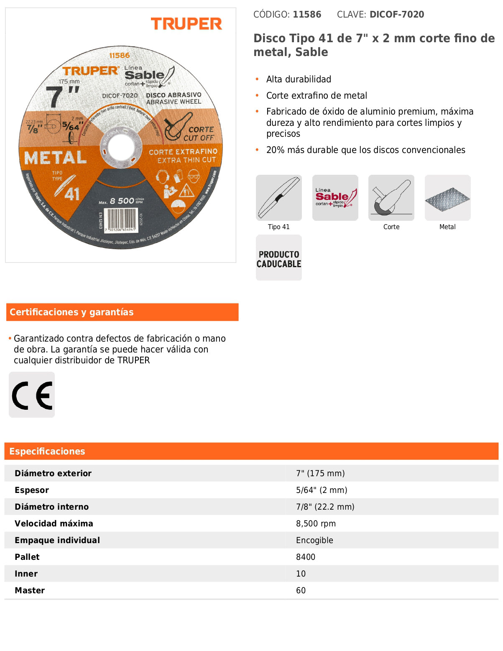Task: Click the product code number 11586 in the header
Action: point(307,15)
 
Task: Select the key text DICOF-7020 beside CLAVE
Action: point(397,15)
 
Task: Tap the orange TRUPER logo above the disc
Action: point(186,24)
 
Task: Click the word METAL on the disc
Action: point(56,158)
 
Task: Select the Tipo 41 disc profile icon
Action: point(279,198)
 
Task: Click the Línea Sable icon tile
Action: point(335,198)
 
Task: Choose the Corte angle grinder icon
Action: point(391,198)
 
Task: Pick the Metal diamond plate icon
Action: point(447,198)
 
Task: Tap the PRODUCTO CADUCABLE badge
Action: point(279,258)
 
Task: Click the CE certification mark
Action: point(32,395)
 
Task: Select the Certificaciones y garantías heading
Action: point(71,312)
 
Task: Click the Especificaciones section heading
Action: point(47,452)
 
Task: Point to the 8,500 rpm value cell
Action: point(316,523)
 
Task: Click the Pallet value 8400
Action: point(306,557)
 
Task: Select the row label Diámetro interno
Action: point(52,507)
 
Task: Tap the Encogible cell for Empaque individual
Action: point(314,540)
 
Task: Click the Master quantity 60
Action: point(301,590)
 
